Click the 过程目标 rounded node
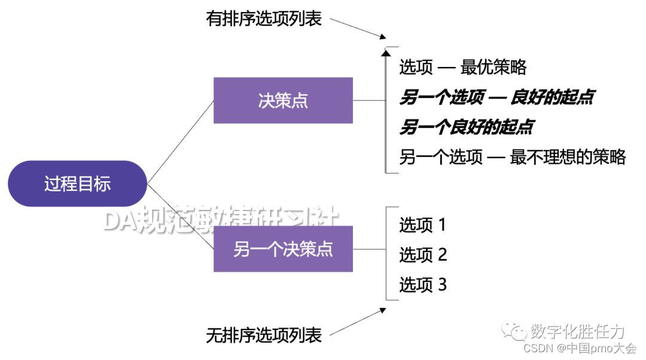tap(77, 184)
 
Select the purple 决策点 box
tap(283, 100)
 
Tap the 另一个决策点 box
tap(283, 249)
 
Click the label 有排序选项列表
tap(264, 19)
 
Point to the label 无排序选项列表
tap(264, 335)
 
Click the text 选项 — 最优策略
tap(463, 68)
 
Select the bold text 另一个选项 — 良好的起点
tap(496, 97)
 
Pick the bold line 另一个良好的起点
tap(467, 127)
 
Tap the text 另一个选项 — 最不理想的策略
tap(513, 157)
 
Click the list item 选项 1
tap(423, 225)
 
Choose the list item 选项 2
tap(423, 255)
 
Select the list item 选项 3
tap(423, 285)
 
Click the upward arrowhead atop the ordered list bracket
tap(385, 52)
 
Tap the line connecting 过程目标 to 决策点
tap(181, 142)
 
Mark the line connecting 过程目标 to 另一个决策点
tap(181, 216)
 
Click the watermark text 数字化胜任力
tap(577, 331)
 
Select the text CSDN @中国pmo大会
tap(580, 349)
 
